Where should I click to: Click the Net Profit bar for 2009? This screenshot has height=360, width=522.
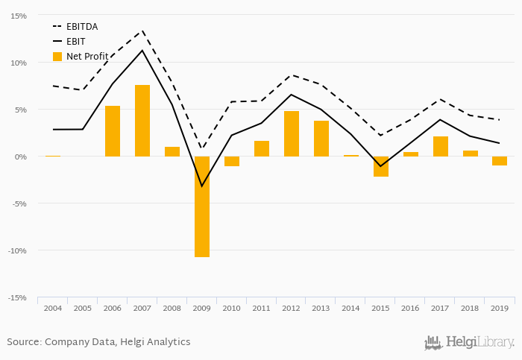(x=202, y=206)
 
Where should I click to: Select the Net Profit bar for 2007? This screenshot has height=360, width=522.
(x=142, y=121)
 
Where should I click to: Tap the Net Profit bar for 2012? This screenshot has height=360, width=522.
(x=292, y=133)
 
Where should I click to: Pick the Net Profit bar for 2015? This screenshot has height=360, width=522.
(x=381, y=166)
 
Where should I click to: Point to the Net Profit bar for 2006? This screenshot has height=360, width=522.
(x=113, y=131)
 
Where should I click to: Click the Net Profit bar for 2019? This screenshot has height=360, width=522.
(x=500, y=161)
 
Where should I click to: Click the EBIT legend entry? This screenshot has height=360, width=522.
(x=75, y=41)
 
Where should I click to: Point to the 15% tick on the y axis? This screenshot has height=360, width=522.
(x=19, y=16)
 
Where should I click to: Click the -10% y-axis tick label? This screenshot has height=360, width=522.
(x=17, y=250)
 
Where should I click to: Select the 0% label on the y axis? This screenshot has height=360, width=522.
(x=20, y=157)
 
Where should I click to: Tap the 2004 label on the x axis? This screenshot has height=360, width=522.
(x=53, y=307)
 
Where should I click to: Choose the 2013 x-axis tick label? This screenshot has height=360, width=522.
(x=321, y=307)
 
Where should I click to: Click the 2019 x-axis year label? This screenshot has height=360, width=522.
(x=500, y=307)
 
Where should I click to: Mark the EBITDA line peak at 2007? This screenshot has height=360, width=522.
(x=142, y=31)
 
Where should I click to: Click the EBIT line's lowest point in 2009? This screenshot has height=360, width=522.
(x=202, y=186)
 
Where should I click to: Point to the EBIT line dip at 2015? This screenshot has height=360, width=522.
(x=381, y=166)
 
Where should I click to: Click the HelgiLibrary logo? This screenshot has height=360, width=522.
(x=470, y=342)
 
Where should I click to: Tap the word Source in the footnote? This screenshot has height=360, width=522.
(x=23, y=342)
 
